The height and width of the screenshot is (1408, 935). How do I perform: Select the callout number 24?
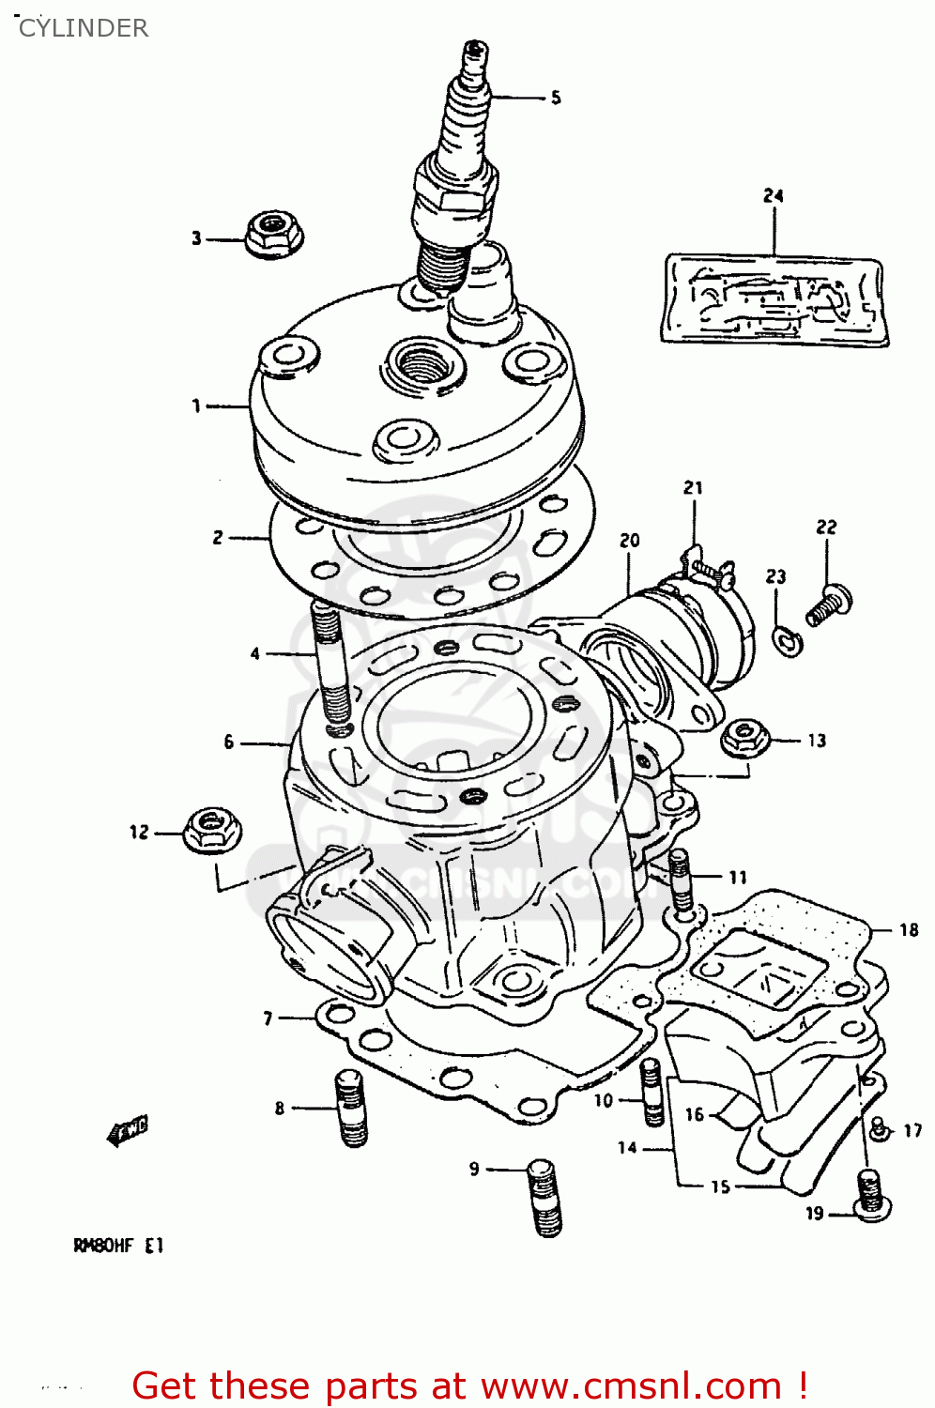(773, 195)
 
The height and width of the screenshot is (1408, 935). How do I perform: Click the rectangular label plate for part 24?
(774, 299)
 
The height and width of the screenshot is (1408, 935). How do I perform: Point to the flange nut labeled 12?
(208, 830)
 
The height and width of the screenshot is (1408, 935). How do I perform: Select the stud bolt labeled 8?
(351, 1108)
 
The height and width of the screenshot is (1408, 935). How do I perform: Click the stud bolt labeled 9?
(545, 1197)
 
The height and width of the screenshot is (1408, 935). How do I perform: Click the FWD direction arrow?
(129, 1130)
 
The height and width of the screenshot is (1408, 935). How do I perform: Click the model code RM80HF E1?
(118, 1246)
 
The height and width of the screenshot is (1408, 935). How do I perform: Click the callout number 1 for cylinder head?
(196, 406)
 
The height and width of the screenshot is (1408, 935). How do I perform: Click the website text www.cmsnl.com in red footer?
(631, 1385)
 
